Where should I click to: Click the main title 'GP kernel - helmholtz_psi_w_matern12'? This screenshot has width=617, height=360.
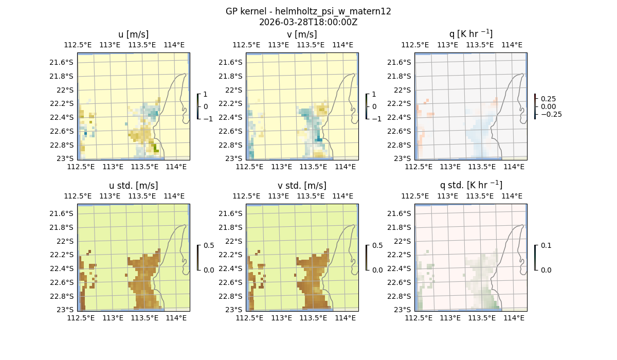308,11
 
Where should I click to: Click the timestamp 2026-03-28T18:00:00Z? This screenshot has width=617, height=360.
308,22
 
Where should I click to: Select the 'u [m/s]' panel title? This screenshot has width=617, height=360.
134,34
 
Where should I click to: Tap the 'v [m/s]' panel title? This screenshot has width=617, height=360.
302,34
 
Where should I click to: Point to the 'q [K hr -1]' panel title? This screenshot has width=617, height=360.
470,34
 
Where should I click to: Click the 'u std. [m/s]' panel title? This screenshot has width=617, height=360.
134,186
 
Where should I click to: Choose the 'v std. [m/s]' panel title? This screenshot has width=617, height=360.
302,186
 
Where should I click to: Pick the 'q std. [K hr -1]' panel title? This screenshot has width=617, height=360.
470,185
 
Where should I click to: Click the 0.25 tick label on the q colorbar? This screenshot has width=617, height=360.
549,99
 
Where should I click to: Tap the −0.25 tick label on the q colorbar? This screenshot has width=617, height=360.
551,114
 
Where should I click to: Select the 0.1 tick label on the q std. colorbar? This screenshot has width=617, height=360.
546,245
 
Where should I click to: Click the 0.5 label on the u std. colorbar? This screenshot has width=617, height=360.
209,245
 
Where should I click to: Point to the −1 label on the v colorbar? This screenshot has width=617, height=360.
376,119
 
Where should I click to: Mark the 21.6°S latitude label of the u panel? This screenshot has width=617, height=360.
61,62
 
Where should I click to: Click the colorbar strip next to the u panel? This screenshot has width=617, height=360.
198,106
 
